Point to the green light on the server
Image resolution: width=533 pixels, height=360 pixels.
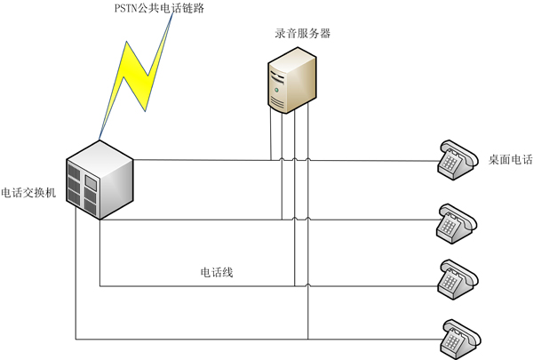tap(277, 90)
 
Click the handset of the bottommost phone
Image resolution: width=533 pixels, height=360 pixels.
tap(462, 326)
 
